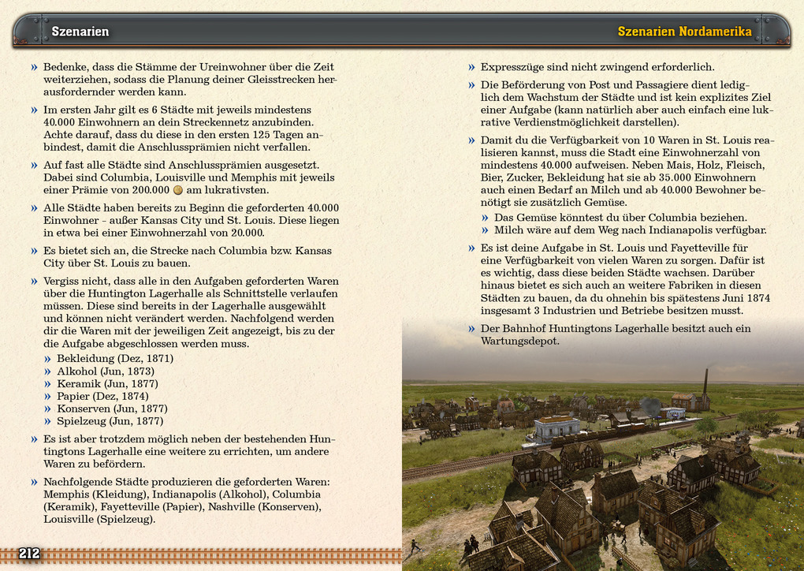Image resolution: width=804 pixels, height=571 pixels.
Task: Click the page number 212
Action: [29, 554]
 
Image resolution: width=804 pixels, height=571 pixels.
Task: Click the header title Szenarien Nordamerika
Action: [684, 32]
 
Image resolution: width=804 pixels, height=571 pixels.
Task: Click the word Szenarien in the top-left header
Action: [80, 32]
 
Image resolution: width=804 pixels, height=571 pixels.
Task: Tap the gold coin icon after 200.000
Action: [178, 190]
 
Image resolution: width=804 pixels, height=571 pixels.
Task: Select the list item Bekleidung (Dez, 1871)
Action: [115, 359]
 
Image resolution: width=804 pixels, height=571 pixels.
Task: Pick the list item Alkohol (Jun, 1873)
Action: [106, 371]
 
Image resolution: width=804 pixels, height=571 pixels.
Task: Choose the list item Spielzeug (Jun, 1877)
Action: [109, 422]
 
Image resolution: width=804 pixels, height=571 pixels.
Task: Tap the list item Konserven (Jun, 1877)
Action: [112, 409]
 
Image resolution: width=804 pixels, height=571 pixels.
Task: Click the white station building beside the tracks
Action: [556, 427]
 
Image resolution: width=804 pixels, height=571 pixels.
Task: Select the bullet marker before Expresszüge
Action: [471, 68]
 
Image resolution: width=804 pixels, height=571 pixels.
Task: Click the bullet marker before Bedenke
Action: [34, 68]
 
